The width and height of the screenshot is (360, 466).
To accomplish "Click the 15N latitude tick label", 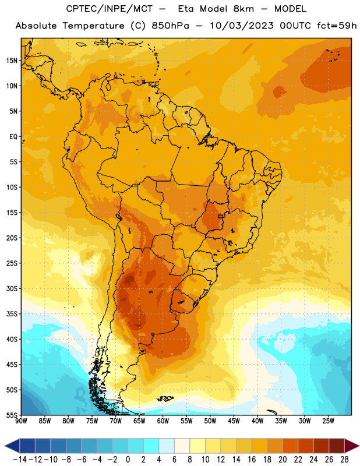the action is click(x=12, y=61).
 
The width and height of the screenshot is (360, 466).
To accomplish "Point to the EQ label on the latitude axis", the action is click(x=13, y=137).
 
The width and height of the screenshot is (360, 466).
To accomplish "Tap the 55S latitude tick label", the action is click(x=12, y=415).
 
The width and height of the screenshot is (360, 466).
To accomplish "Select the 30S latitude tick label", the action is click(x=12, y=288).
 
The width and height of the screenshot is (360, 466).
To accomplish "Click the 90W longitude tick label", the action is click(x=21, y=421).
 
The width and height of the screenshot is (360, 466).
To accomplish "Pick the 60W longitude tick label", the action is click(x=163, y=421).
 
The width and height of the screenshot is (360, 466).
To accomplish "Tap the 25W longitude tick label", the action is click(x=328, y=421).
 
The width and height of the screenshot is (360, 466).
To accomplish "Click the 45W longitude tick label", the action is click(x=234, y=421).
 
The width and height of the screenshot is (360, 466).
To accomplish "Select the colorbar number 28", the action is click(x=344, y=460).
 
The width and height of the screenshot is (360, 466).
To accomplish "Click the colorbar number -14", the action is click(x=20, y=460).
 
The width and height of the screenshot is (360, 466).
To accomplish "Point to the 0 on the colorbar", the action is click(x=128, y=460).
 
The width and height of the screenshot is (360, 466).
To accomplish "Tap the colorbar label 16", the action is click(x=252, y=460).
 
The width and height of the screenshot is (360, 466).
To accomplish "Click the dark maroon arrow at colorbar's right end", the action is click(x=351, y=446).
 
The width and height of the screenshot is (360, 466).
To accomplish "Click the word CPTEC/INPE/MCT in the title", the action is click(x=110, y=9).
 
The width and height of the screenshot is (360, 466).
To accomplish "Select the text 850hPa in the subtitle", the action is click(x=170, y=26).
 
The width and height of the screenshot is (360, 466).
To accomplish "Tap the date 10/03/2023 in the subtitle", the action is click(x=242, y=26).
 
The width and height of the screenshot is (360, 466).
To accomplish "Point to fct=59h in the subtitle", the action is click(x=337, y=26).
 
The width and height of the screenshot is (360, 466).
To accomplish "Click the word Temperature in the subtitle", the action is click(x=93, y=26).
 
